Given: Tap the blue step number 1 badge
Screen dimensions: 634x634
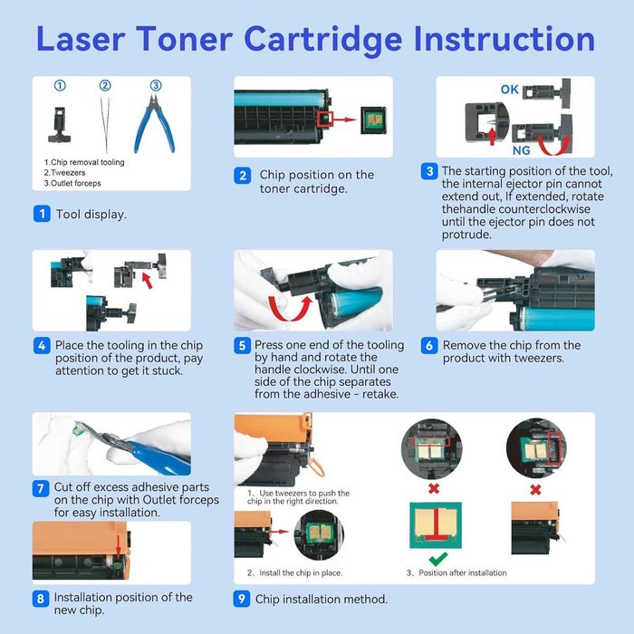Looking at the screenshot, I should pyautogui.click(x=42, y=215).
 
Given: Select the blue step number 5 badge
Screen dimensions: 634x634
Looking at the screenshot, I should pyautogui.click(x=243, y=346).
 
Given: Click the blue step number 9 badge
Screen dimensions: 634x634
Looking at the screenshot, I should pyautogui.click(x=243, y=599).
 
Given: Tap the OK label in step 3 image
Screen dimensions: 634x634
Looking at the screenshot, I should pyautogui.click(x=510, y=90).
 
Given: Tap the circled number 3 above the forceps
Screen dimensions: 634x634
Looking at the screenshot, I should pyautogui.click(x=156, y=86).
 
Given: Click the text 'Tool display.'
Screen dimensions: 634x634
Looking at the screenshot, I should pyautogui.click(x=91, y=215).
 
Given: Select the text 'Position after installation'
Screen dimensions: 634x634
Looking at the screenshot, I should pyautogui.click(x=460, y=572).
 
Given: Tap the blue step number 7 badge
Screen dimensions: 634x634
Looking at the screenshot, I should pyautogui.click(x=42, y=489).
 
